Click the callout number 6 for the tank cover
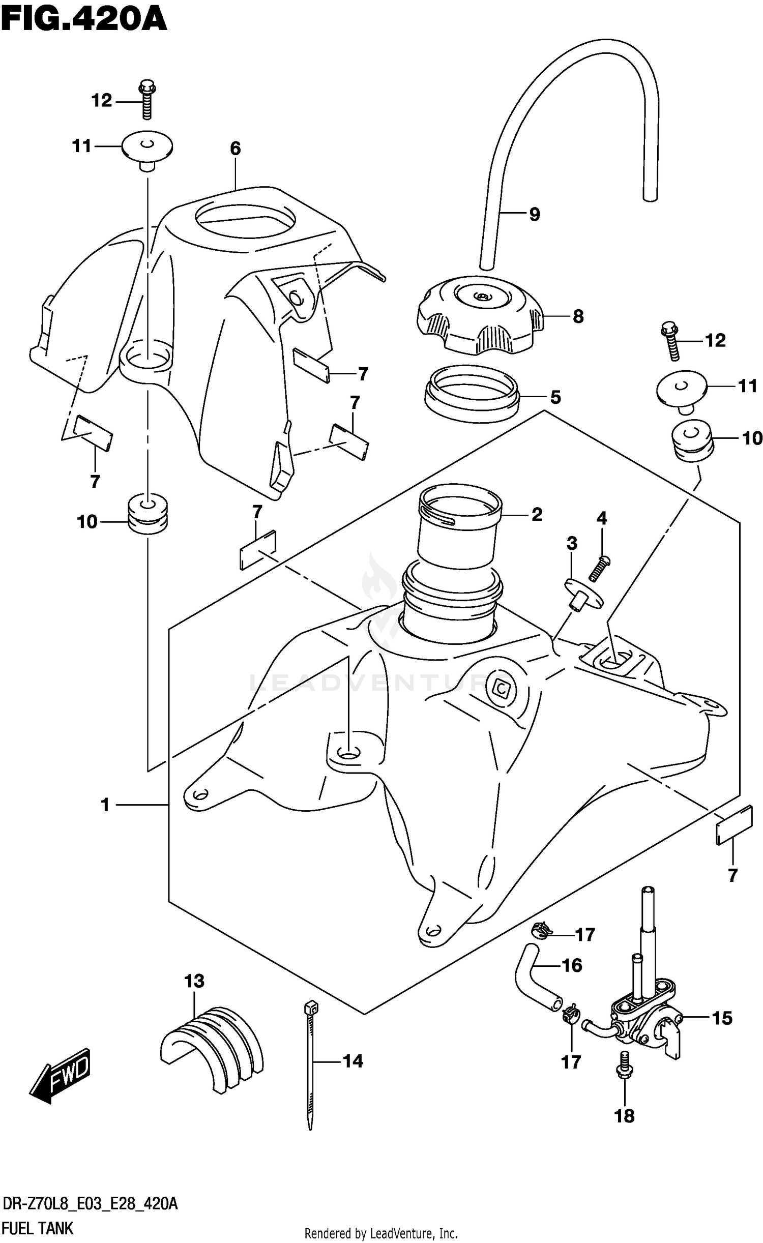235,149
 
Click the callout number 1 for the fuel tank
105,805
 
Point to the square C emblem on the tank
502,690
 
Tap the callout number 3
572,543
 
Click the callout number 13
194,981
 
